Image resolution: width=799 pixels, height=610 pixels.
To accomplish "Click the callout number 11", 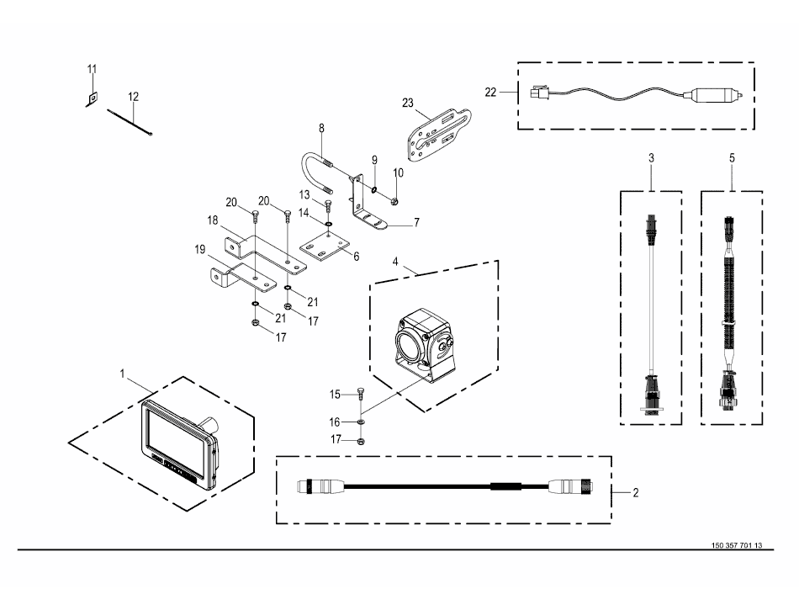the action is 92,69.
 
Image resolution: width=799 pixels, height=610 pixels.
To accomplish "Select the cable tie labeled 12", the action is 130,123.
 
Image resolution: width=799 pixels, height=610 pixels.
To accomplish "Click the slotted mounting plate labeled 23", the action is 439,135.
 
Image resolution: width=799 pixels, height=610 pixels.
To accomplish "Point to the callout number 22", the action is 490,93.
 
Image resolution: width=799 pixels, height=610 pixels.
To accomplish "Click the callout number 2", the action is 636,493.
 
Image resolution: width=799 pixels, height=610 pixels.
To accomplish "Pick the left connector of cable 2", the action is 320,485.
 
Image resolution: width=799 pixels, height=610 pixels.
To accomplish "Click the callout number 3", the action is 651,158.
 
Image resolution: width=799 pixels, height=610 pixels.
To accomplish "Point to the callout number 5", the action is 732,158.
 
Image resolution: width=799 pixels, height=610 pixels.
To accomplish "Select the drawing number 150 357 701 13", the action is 736,545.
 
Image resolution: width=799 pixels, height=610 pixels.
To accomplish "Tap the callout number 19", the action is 200,250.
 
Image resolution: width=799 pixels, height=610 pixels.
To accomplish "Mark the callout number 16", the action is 334,422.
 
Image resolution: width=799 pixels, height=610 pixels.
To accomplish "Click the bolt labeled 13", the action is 329,206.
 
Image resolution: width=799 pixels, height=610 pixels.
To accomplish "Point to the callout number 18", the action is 213,220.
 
